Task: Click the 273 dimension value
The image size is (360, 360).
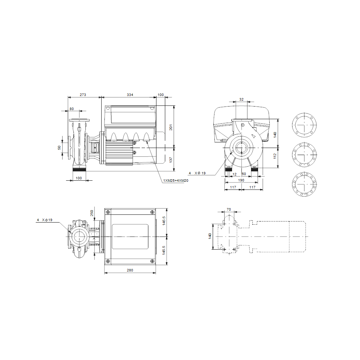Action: (x=83, y=95)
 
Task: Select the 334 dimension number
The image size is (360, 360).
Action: (x=130, y=95)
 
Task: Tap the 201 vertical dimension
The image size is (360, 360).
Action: (x=171, y=127)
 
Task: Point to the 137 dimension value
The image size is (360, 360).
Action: (x=171, y=160)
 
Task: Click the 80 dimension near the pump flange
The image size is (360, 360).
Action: (x=72, y=109)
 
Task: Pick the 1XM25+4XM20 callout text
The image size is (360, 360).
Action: (x=176, y=181)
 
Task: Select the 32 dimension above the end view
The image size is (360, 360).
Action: (x=241, y=99)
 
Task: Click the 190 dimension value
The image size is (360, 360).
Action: (x=241, y=180)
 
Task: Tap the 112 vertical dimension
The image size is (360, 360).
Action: (x=275, y=156)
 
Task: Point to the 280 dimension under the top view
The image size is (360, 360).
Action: (x=130, y=270)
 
